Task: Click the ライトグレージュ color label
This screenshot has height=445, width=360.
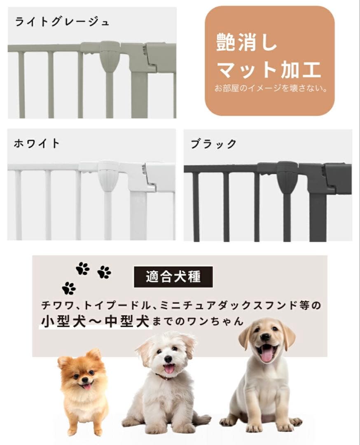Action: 62,21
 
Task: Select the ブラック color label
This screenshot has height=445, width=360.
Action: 213,144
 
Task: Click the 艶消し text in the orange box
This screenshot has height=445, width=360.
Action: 247,43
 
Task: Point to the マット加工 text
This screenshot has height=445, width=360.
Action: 269,70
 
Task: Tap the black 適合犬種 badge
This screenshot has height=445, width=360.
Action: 173,276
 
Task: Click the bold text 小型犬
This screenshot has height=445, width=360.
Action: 63,321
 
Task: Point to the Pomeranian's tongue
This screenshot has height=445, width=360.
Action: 87,386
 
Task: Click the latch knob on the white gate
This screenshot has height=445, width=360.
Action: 108,175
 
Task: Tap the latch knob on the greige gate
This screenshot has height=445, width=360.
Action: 110,56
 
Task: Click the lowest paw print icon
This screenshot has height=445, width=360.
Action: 69,288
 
